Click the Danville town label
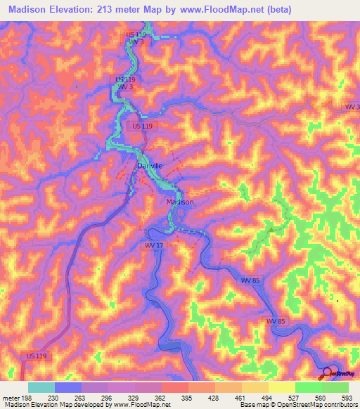tap(150, 165)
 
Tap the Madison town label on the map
tap(179, 202)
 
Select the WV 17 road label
tap(154, 245)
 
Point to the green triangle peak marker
tap(271, 228)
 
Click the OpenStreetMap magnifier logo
tap(326, 374)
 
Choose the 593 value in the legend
tap(347, 397)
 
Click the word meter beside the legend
tap(10, 397)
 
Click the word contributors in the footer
tap(341, 404)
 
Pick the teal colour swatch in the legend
tap(41, 387)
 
